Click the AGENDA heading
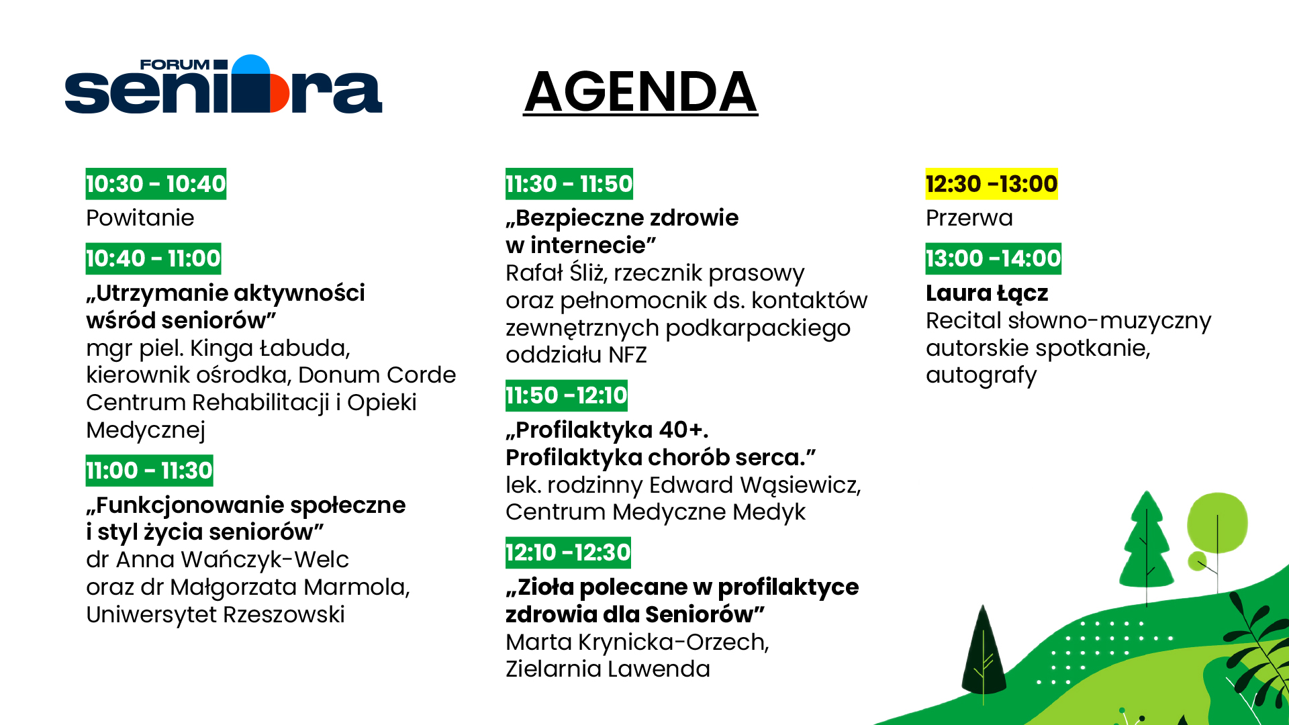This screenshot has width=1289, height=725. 640,92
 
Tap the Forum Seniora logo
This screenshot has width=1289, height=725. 224,84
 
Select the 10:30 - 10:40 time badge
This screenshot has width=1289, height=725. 156,184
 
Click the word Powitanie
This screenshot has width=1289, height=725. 140,218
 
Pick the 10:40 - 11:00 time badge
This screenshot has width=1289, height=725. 153,258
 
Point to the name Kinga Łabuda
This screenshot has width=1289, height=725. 270,348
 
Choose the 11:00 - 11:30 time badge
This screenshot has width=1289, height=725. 149,471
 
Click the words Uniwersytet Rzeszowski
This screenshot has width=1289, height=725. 216,615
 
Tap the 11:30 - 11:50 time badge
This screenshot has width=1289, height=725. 569,184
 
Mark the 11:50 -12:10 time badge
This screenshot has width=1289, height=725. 567,395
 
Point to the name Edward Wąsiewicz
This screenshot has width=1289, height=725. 755,485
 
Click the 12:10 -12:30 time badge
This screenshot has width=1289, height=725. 568,552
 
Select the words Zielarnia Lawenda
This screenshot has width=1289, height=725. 608,669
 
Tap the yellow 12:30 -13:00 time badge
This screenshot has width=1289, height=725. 992,184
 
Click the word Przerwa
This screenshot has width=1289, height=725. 969,218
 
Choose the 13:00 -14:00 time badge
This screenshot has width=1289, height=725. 994,258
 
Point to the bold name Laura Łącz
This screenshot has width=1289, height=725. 987,293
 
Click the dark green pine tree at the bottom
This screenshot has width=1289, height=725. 984,655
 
